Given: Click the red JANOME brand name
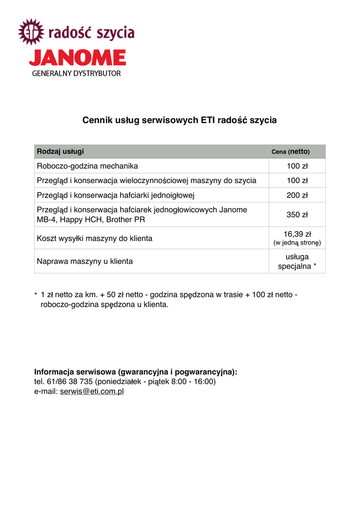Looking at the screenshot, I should (x=77, y=58).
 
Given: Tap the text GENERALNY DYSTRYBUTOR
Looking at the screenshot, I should (x=76, y=73).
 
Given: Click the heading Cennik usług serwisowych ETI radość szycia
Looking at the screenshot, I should (x=179, y=121).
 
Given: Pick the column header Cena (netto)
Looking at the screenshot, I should (x=290, y=151).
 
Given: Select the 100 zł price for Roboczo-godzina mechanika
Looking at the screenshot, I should (x=297, y=166).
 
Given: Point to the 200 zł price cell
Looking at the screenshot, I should (x=297, y=195).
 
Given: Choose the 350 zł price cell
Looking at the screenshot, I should (x=297, y=215).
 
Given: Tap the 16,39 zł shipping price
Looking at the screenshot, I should (x=297, y=234).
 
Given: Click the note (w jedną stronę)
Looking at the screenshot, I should (x=297, y=243).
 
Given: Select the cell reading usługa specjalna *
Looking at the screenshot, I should (x=297, y=261).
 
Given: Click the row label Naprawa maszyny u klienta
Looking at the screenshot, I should (x=85, y=261).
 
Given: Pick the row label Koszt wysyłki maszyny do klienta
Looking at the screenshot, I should (x=94, y=238).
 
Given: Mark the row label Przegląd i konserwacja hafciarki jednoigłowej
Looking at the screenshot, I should (x=115, y=195).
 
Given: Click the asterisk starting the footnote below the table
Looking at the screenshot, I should (x=36, y=295).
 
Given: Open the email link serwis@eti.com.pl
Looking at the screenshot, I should (x=92, y=391).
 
